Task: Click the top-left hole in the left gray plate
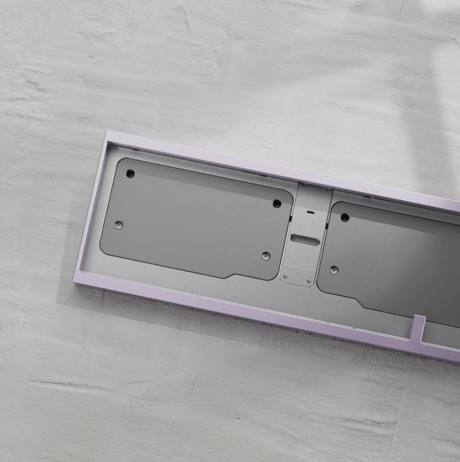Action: pyautogui.click(x=131, y=174)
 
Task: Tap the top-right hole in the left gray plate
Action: pyautogui.click(x=277, y=203)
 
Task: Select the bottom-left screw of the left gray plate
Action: pyautogui.click(x=119, y=225)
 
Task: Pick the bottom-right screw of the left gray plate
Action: pyautogui.click(x=266, y=256)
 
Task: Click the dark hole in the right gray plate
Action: pyautogui.click(x=345, y=217)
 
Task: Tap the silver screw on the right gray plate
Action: pyautogui.click(x=334, y=270)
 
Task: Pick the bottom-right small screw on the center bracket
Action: pyautogui.click(x=308, y=282)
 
